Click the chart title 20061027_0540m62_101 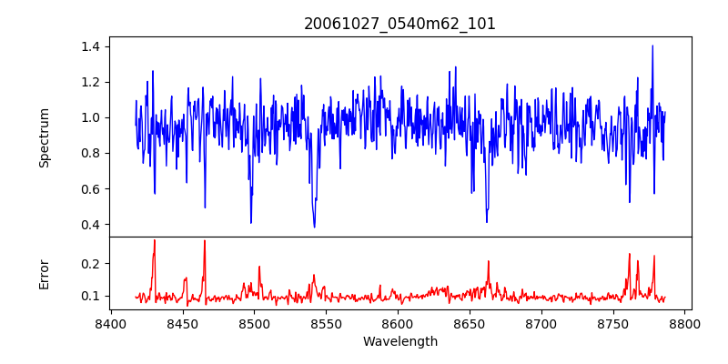[x=399, y=24]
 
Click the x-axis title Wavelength [x=399, y=341]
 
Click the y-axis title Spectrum [x=44, y=137]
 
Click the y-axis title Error [x=44, y=274]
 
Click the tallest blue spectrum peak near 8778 [x=652, y=45]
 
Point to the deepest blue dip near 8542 [x=314, y=227]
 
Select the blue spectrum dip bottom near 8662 [x=487, y=221]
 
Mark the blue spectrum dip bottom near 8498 [x=251, y=222]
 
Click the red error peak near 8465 [x=205, y=241]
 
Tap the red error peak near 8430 [x=155, y=240]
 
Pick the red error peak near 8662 [x=488, y=262]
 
